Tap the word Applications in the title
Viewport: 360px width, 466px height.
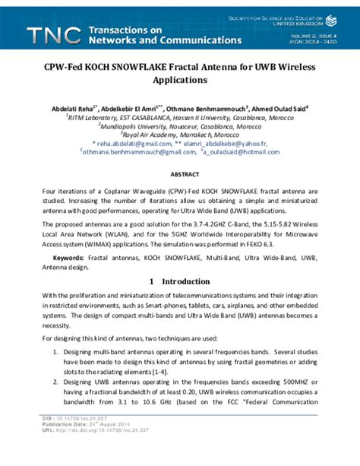click(x=179, y=80)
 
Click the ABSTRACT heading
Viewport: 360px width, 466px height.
click(x=179, y=174)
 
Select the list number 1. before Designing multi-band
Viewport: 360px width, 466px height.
click(x=56, y=353)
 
